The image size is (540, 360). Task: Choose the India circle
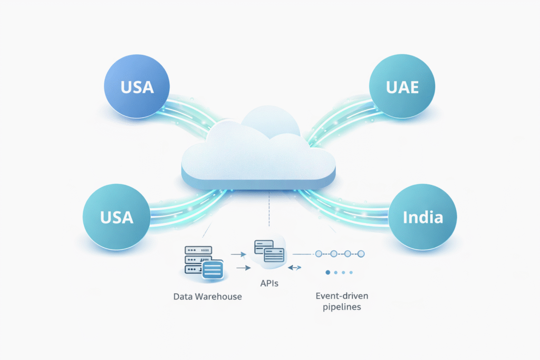point(422,216)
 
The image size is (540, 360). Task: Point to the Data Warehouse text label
point(207,296)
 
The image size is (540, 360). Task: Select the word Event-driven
point(335,296)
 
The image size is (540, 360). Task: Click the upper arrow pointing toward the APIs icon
point(239,255)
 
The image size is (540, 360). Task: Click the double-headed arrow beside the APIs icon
point(295,268)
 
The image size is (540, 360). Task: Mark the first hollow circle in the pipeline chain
point(318,254)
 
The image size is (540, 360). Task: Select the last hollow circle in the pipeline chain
point(361,254)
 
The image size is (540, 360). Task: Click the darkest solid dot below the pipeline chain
point(328,273)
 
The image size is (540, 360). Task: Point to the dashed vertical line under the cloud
point(269,211)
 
